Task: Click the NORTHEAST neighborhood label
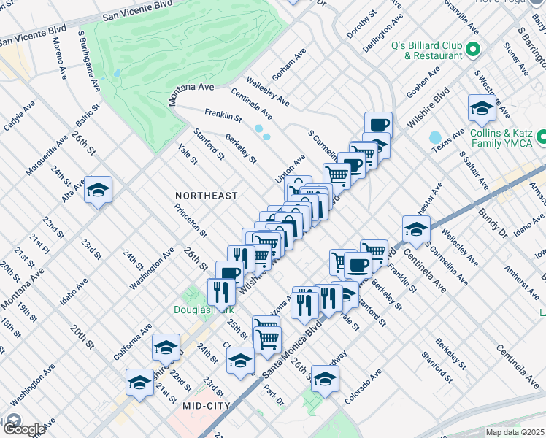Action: click(207, 196)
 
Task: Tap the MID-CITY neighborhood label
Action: click(207, 405)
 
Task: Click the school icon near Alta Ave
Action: click(98, 191)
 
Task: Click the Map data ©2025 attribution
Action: click(515, 432)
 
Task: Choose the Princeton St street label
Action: click(191, 219)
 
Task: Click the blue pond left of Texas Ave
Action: click(435, 137)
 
